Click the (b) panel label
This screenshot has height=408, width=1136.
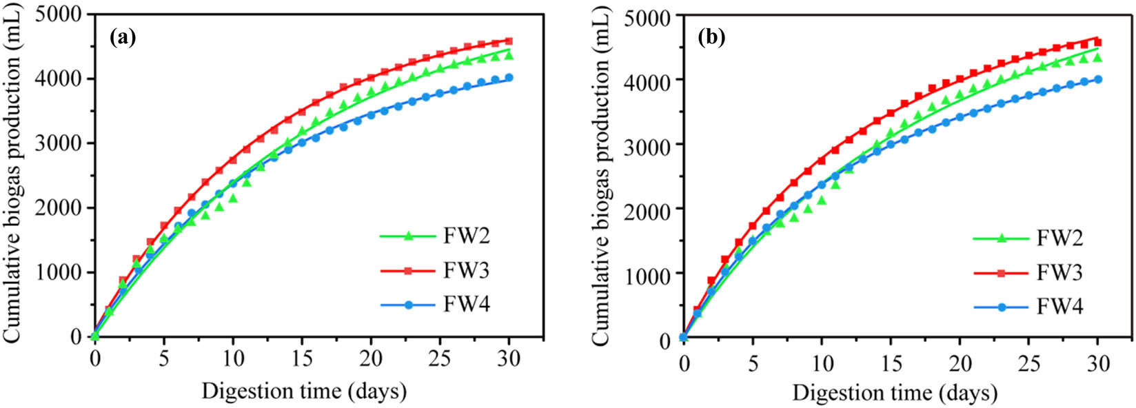click(x=711, y=38)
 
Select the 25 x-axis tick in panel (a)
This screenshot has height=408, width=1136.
click(x=440, y=359)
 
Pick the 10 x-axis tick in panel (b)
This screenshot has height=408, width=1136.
click(x=822, y=362)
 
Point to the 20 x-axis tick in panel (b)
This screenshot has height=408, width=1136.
click(x=960, y=362)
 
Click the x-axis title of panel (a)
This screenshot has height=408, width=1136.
click(x=303, y=391)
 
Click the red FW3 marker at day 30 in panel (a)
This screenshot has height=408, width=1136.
click(x=509, y=41)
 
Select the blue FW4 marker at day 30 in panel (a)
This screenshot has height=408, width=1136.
click(x=509, y=78)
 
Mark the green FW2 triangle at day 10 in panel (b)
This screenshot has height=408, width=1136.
click(x=822, y=201)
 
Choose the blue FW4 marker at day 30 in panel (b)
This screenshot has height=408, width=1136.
click(x=1097, y=79)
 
